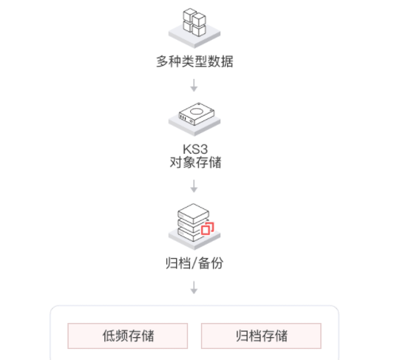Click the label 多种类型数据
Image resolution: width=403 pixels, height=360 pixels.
point(194,61)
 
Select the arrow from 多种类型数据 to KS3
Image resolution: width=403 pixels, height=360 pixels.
point(194,85)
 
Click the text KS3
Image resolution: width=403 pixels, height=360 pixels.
point(195,149)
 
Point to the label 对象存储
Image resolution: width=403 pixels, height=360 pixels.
point(195,163)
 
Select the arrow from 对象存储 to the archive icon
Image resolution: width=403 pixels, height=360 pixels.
point(194,186)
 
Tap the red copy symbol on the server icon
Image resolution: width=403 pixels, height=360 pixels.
point(207,228)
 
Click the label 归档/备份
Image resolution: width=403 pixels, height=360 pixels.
point(194,263)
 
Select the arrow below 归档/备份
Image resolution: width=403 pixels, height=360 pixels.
point(194,288)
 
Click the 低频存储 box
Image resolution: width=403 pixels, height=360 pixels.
point(128,336)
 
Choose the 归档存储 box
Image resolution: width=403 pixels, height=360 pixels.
point(261,336)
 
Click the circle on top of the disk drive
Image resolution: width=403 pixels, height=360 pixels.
point(197,112)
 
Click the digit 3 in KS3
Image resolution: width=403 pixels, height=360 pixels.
point(203,149)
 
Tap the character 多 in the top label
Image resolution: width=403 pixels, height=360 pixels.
point(163,61)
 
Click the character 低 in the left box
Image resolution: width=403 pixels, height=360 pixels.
point(109,336)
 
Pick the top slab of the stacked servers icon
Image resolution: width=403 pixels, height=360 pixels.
point(193,213)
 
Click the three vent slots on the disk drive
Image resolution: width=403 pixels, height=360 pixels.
point(183,118)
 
